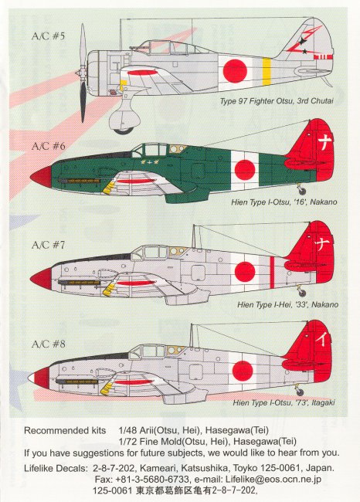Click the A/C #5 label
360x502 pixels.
[48, 36]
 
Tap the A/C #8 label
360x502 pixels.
[49, 344]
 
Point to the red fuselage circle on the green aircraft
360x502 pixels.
[245, 170]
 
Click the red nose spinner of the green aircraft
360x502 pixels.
[41, 177]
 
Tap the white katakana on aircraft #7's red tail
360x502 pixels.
[321, 244]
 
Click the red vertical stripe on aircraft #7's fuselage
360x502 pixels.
[272, 273]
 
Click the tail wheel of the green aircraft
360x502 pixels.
[301, 192]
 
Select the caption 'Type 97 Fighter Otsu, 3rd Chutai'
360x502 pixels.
[277, 101]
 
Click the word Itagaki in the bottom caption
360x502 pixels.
[323, 402]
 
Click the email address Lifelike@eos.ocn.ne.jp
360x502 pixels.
[273, 480]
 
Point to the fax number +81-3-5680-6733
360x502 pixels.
[148, 480]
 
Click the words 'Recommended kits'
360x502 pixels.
[65, 430]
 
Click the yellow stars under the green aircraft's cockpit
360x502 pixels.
[150, 162]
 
